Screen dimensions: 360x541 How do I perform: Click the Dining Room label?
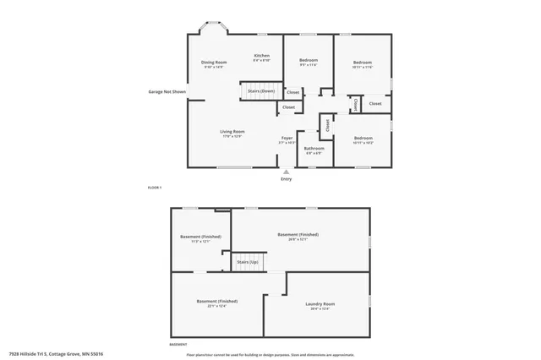pos(214,63)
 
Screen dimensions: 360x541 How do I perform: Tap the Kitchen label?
pos(262,56)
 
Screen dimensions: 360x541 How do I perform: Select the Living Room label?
pos(232,131)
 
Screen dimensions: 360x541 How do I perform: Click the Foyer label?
pos(287,138)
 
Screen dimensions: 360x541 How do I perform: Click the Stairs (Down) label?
pos(260,90)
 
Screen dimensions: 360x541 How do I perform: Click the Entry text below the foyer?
pos(286,179)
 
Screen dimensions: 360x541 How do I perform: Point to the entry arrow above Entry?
pos(286,172)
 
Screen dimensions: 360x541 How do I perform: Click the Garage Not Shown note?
pos(167,91)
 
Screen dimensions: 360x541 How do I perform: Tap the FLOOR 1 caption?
pos(155,187)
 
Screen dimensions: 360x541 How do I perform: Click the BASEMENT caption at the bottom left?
pos(178,345)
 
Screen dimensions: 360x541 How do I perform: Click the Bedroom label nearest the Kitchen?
pos(308,60)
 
